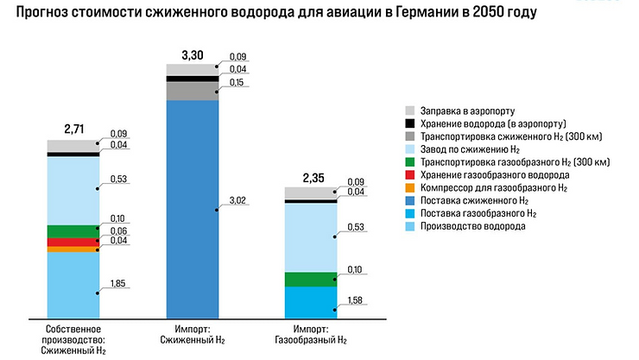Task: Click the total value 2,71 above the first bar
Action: (73, 129)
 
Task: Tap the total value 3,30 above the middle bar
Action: (192, 54)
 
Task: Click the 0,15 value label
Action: (238, 83)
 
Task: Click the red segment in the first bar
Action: (73, 242)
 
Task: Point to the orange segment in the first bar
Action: (73, 249)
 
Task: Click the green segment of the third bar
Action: (311, 279)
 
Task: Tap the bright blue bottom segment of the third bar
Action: (311, 302)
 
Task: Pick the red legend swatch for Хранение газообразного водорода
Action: (411, 174)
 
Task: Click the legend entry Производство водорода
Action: (472, 226)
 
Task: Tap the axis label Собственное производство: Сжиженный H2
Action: (73, 340)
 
